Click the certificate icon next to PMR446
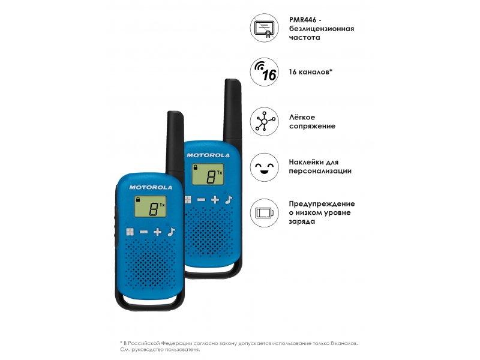tap(264, 28)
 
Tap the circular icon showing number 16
tap(264, 72)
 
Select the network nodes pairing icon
tap(264, 122)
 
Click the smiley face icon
tap(264, 167)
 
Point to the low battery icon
tap(264, 213)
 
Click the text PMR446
tap(303, 20)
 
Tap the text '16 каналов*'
tap(310, 72)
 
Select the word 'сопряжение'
tap(312, 126)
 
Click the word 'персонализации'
tap(320, 171)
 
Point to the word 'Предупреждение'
tap(322, 204)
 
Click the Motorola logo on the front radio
tap(151, 187)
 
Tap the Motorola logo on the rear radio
tap(208, 155)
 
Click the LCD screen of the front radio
tap(151, 206)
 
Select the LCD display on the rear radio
tap(208, 174)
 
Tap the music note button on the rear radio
tap(229, 200)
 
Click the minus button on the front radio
tap(143, 232)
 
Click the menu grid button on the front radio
tap(130, 232)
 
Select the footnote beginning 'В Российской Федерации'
tap(239, 346)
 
